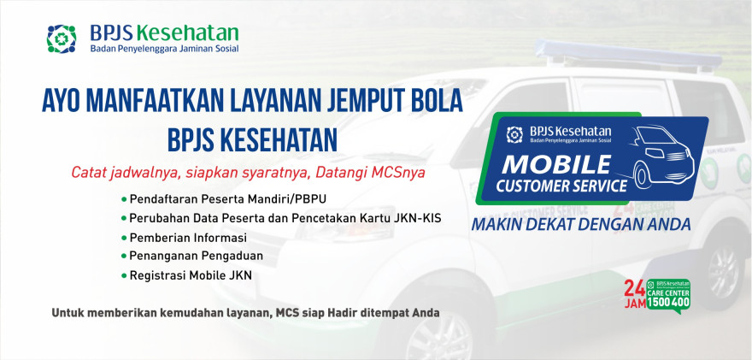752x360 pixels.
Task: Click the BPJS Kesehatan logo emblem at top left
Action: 62,38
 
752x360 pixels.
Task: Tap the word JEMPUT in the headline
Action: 359,100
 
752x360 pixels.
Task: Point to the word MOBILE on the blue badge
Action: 556,165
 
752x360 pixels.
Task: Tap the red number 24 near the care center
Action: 634,288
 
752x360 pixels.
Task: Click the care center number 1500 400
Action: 668,303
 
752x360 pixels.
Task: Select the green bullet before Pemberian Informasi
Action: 124,238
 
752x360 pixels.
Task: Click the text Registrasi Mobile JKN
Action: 191,275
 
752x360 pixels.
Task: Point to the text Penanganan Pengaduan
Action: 197,257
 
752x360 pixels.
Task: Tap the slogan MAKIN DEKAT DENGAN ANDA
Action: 581,224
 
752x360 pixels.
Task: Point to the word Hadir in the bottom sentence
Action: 340,313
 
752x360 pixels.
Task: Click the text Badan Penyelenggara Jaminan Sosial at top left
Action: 164,49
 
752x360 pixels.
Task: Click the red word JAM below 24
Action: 634,304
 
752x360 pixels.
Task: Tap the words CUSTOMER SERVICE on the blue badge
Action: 561,186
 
